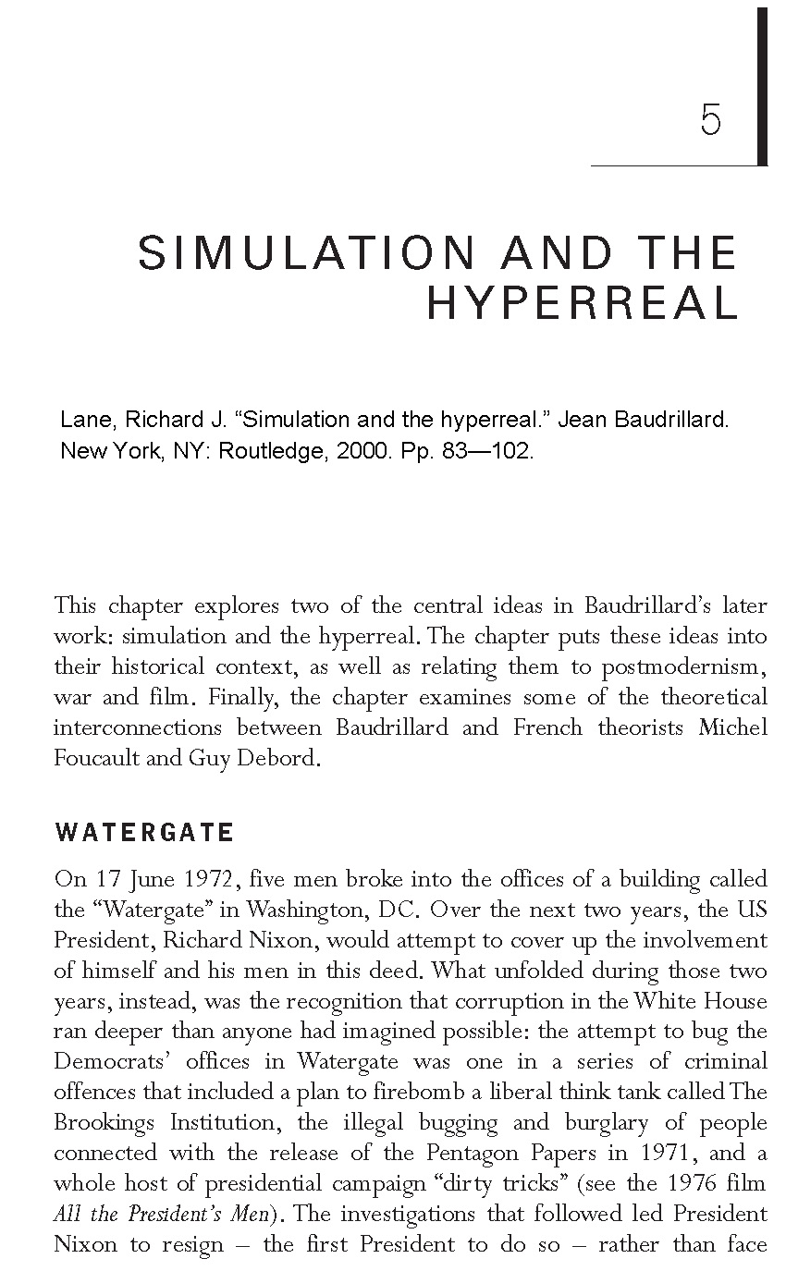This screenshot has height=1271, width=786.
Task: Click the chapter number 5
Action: tap(711, 121)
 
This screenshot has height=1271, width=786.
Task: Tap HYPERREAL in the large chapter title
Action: tap(582, 303)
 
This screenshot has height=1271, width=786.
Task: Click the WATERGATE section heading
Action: tap(144, 833)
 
